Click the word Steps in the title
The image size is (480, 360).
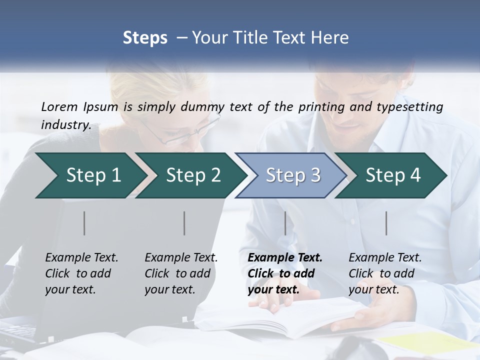coord(145,38)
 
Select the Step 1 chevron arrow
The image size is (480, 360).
coord(90,175)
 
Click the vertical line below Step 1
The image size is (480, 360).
coord(84,223)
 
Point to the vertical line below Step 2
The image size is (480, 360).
coord(184,223)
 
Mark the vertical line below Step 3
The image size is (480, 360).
coord(285,223)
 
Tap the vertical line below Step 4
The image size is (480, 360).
coord(386,223)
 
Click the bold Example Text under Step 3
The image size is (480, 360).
coord(284,273)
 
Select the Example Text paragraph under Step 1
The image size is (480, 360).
coord(81,273)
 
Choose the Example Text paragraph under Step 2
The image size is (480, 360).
coord(180,273)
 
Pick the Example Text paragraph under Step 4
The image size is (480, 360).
coord(384,273)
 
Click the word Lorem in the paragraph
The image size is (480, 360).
coord(59,107)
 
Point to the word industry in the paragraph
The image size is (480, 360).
coord(65,125)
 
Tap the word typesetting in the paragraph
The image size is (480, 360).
coord(413,107)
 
